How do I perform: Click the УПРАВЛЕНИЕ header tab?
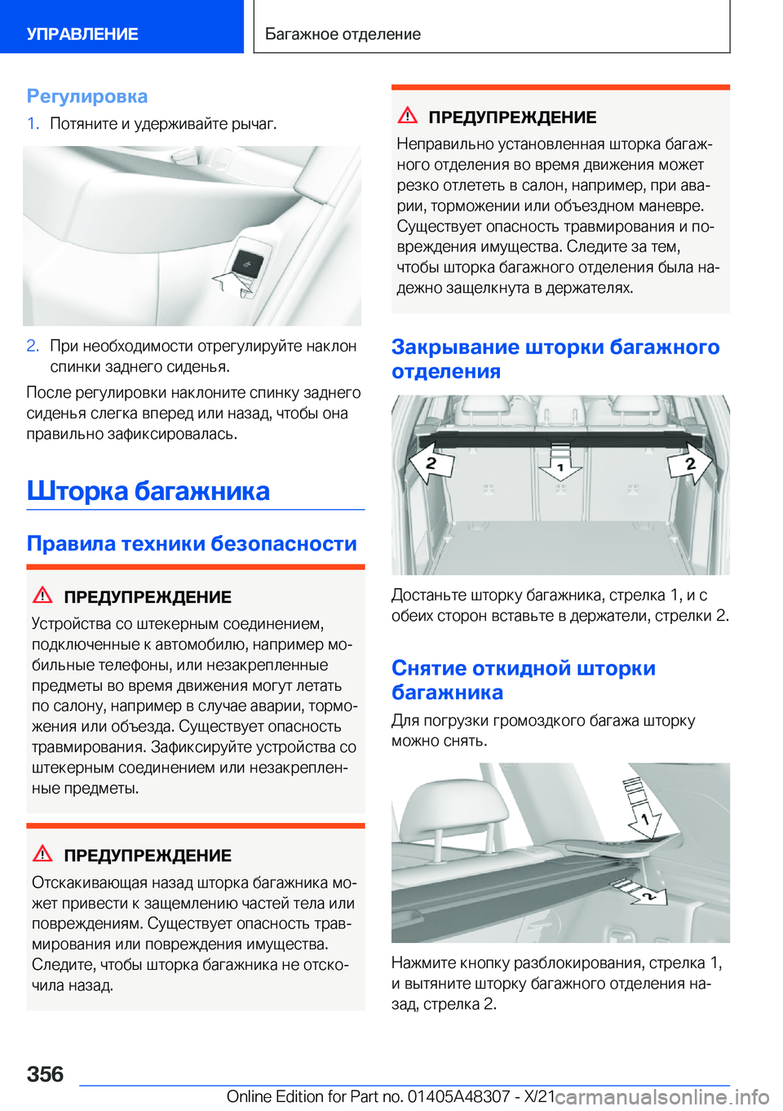[x=82, y=34]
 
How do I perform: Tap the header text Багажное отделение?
[x=343, y=34]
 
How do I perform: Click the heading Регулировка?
[x=87, y=96]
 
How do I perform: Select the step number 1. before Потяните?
[x=33, y=124]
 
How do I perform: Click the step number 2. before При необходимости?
[x=33, y=346]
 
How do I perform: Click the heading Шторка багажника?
[x=148, y=491]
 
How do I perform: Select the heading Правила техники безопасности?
[x=192, y=543]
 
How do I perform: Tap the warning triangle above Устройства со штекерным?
[x=42, y=595]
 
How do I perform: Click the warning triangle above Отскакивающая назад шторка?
[x=42, y=854]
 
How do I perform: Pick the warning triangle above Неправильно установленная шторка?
[x=408, y=116]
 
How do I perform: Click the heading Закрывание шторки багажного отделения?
[x=555, y=359]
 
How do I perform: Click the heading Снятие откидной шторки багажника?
[x=523, y=680]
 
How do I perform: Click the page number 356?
[x=46, y=1074]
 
